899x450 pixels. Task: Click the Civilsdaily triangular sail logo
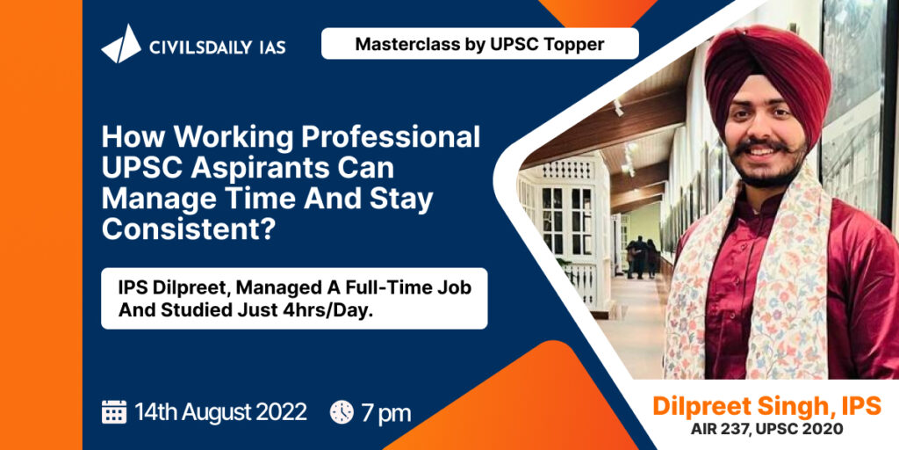121,44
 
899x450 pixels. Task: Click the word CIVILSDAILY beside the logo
201,47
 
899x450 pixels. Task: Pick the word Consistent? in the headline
188,229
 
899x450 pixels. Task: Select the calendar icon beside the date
114,412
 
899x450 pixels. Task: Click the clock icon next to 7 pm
342,412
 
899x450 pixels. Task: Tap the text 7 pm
386,413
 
